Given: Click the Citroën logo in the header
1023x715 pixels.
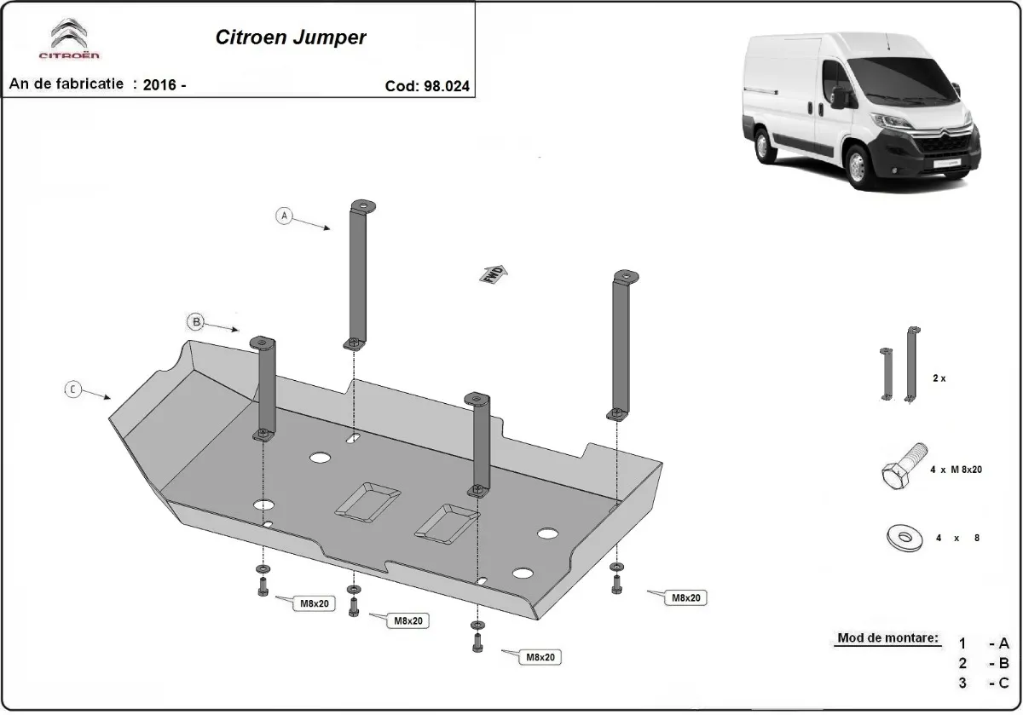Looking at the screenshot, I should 69,40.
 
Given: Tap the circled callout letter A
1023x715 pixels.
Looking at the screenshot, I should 284,216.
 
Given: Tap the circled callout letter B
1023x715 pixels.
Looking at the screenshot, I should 195,321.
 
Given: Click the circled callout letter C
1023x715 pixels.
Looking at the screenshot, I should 72,389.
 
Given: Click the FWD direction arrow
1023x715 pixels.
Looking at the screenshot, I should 494,273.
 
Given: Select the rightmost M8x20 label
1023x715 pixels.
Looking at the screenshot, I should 685,598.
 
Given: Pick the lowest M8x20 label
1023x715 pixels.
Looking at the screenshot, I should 541,656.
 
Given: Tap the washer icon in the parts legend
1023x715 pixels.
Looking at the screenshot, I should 901,538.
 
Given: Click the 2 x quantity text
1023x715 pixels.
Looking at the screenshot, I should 939,378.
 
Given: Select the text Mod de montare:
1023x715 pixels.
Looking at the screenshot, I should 888,637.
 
